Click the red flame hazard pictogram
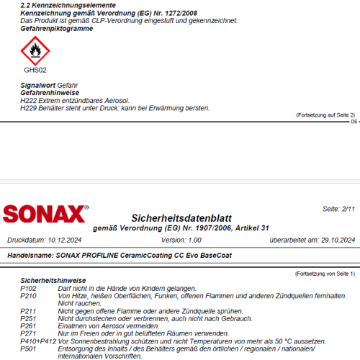coord(34,51)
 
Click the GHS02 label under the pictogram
coord(35,71)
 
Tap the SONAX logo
coord(45,214)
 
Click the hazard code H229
coord(28,108)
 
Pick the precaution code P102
coord(28,287)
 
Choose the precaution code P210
coord(28,295)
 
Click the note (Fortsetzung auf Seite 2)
coord(325,114)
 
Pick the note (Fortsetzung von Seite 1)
coord(325,274)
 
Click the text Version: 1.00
coord(181,239)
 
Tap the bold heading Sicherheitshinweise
coord(53,280)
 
